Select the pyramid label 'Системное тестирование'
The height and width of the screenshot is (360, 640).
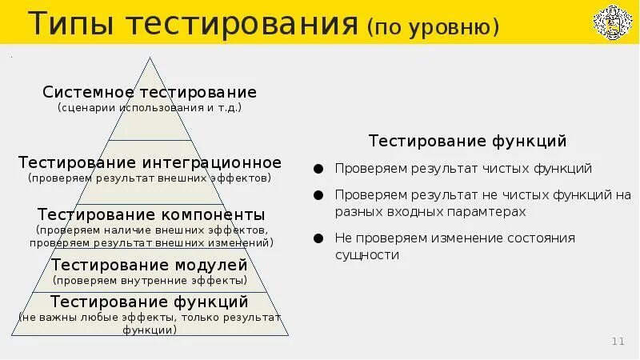(x=150, y=92)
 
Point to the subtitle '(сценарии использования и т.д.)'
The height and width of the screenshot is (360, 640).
(x=150, y=107)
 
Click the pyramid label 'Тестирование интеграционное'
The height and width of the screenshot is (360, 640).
(x=150, y=162)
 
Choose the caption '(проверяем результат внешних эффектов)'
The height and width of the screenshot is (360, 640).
(x=150, y=178)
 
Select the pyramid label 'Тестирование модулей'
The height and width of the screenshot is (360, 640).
(x=150, y=265)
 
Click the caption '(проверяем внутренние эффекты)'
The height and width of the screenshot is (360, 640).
(x=150, y=281)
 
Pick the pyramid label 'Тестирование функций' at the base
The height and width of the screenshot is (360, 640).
(x=150, y=302)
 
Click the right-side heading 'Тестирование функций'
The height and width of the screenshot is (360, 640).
(x=467, y=141)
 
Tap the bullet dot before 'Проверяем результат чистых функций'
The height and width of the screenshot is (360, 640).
(x=318, y=169)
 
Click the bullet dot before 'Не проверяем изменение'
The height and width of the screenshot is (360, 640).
(x=318, y=238)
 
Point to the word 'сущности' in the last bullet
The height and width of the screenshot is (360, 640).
(x=366, y=255)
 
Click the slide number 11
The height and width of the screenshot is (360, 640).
(x=618, y=342)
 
